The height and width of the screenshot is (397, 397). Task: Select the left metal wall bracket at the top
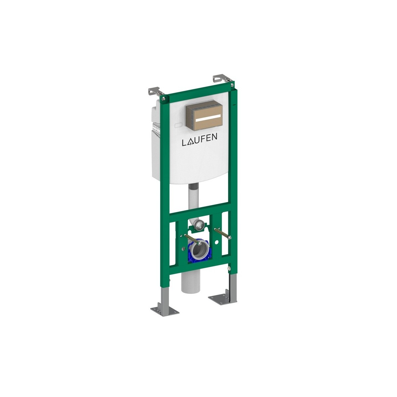154,91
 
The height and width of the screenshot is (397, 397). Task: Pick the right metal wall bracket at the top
221,79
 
